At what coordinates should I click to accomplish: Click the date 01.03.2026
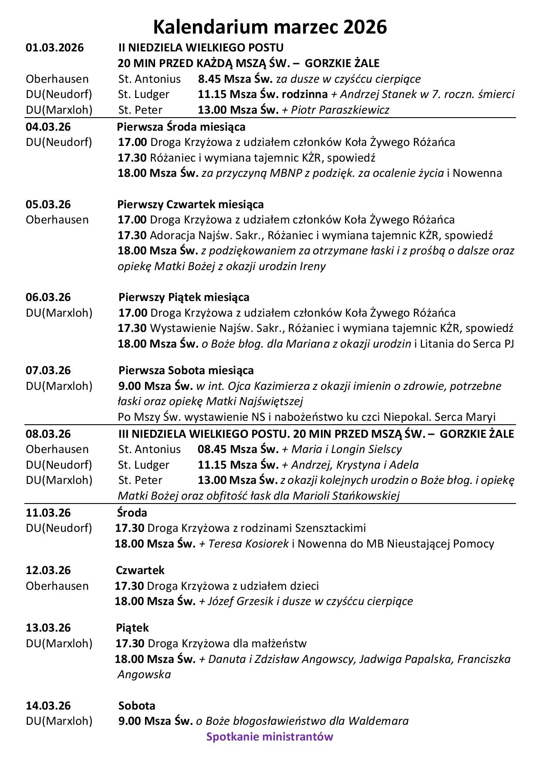pyautogui.click(x=54, y=47)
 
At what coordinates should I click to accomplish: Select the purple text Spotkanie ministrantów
pyautogui.click(x=270, y=737)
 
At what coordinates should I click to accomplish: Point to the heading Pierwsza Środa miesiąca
pyautogui.click(x=181, y=127)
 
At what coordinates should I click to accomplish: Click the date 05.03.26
pyautogui.click(x=48, y=204)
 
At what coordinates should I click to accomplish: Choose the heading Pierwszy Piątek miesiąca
pyautogui.click(x=184, y=297)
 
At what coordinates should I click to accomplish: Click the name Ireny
pyautogui.click(x=312, y=266)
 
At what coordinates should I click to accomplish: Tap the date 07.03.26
pyautogui.click(x=48, y=370)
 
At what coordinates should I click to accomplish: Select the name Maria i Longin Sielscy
pyautogui.click(x=346, y=449)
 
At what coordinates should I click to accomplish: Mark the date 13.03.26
pyautogui.click(x=48, y=628)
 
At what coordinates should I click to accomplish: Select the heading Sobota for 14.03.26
pyautogui.click(x=137, y=705)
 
